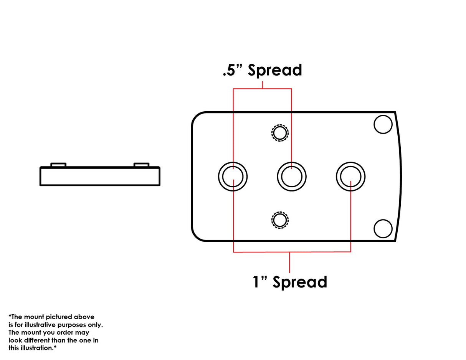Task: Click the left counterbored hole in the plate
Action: pyautogui.click(x=233, y=177)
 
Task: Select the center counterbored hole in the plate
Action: pyautogui.click(x=292, y=177)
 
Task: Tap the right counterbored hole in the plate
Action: pyautogui.click(x=350, y=177)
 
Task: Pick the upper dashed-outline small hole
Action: pyautogui.click(x=280, y=133)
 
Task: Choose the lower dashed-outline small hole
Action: pyautogui.click(x=280, y=220)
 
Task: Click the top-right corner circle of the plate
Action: pyautogui.click(x=383, y=124)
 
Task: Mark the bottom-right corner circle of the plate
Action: pyautogui.click(x=383, y=229)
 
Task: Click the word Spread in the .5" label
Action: pyautogui.click(x=275, y=71)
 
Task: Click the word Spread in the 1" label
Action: pyautogui.click(x=300, y=282)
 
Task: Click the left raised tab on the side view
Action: pyautogui.click(x=58, y=165)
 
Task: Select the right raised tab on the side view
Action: pyautogui.click(x=141, y=165)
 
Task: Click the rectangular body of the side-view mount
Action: pyautogui.click(x=100, y=176)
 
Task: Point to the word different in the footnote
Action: pyautogui.click(x=37, y=340)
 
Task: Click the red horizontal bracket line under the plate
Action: pyautogui.click(x=292, y=252)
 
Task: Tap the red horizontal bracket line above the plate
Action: pyautogui.click(x=262, y=89)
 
